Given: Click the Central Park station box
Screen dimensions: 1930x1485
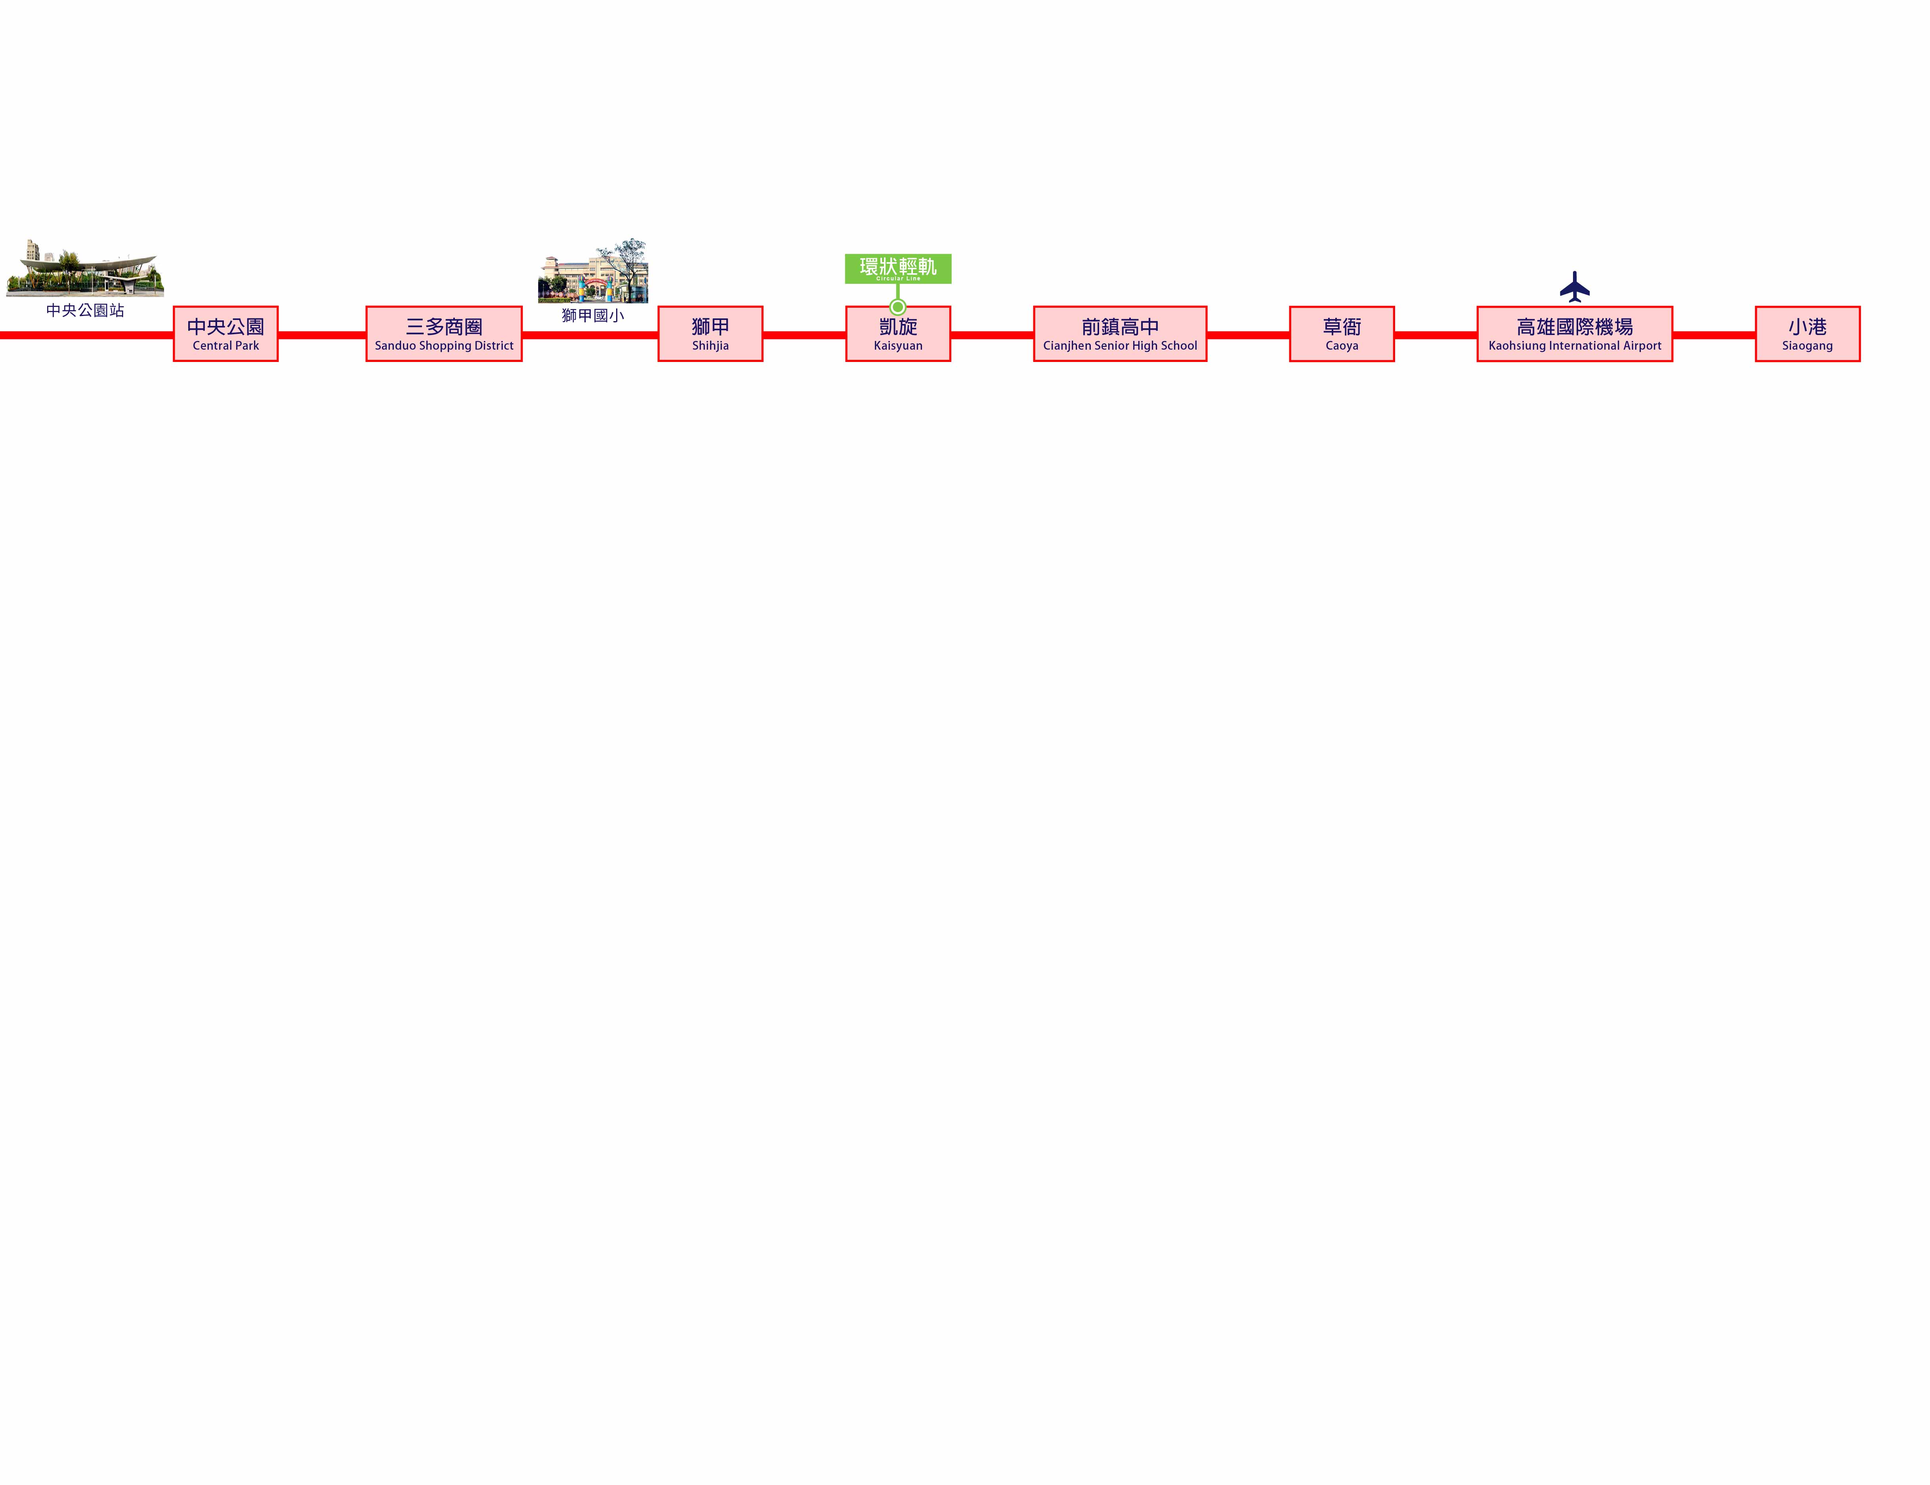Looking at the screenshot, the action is (x=225, y=334).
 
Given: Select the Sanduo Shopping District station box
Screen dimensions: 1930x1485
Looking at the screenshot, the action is (x=444, y=334).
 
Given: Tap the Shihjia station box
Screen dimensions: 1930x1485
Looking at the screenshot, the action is (x=710, y=334).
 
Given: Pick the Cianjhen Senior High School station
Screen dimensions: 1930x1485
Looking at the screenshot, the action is (x=1120, y=334).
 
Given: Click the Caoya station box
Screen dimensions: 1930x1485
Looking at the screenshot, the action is (x=1342, y=334).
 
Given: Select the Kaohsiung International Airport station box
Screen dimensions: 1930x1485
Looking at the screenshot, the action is (x=1575, y=334).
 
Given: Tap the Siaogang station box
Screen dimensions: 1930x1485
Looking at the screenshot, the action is (x=1807, y=334).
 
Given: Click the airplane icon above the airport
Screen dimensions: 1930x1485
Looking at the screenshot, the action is (x=1575, y=287).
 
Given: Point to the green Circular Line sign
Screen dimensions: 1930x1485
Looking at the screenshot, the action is (x=898, y=268).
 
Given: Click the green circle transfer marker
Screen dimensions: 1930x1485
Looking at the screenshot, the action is (x=898, y=307).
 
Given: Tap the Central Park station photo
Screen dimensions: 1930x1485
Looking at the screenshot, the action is (x=85, y=268).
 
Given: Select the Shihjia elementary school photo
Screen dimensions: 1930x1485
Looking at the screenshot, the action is (x=593, y=270).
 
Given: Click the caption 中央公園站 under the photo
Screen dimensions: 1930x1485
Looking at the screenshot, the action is (x=85, y=310).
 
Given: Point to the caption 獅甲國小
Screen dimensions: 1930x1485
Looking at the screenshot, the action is (x=593, y=315).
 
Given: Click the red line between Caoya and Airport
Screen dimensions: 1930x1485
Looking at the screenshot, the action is (x=1436, y=335).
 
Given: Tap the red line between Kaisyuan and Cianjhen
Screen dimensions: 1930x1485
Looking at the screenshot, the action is (x=993, y=335).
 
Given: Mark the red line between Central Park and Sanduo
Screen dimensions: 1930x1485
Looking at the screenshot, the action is (x=322, y=335).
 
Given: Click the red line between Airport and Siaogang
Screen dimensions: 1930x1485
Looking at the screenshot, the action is (x=1714, y=335).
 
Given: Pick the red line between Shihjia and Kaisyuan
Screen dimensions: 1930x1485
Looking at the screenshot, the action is (x=804, y=335).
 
